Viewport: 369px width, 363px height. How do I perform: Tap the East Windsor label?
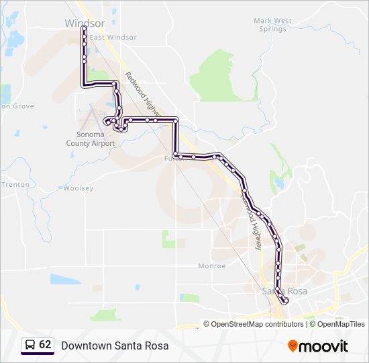(113, 38)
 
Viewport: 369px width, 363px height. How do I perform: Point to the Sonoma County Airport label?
(91, 138)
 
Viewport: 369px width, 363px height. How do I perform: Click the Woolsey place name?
(78, 188)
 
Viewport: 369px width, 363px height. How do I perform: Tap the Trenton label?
(15, 184)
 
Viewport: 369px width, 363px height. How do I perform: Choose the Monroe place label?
(212, 266)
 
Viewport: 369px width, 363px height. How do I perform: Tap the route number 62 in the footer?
(45, 344)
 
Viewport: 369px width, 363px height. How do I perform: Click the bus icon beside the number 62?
(30, 345)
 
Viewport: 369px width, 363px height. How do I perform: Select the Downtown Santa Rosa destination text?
(115, 346)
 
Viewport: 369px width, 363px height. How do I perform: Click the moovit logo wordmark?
(324, 346)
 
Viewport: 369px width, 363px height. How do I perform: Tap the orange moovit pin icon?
(293, 346)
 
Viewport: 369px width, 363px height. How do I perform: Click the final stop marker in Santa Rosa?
(286, 300)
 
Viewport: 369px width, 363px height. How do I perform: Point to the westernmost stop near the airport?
(106, 121)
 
